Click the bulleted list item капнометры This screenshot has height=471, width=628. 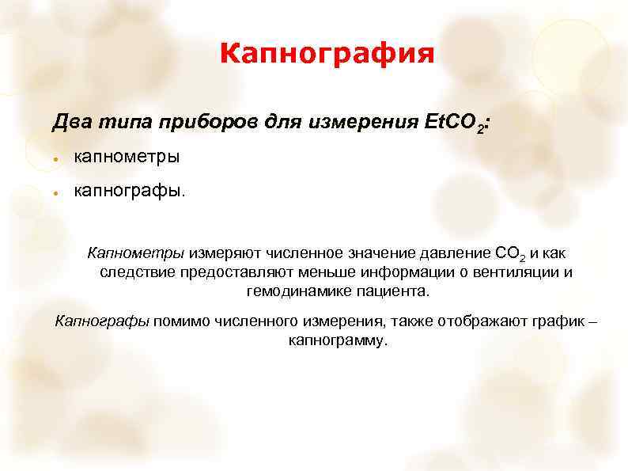point(127,157)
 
